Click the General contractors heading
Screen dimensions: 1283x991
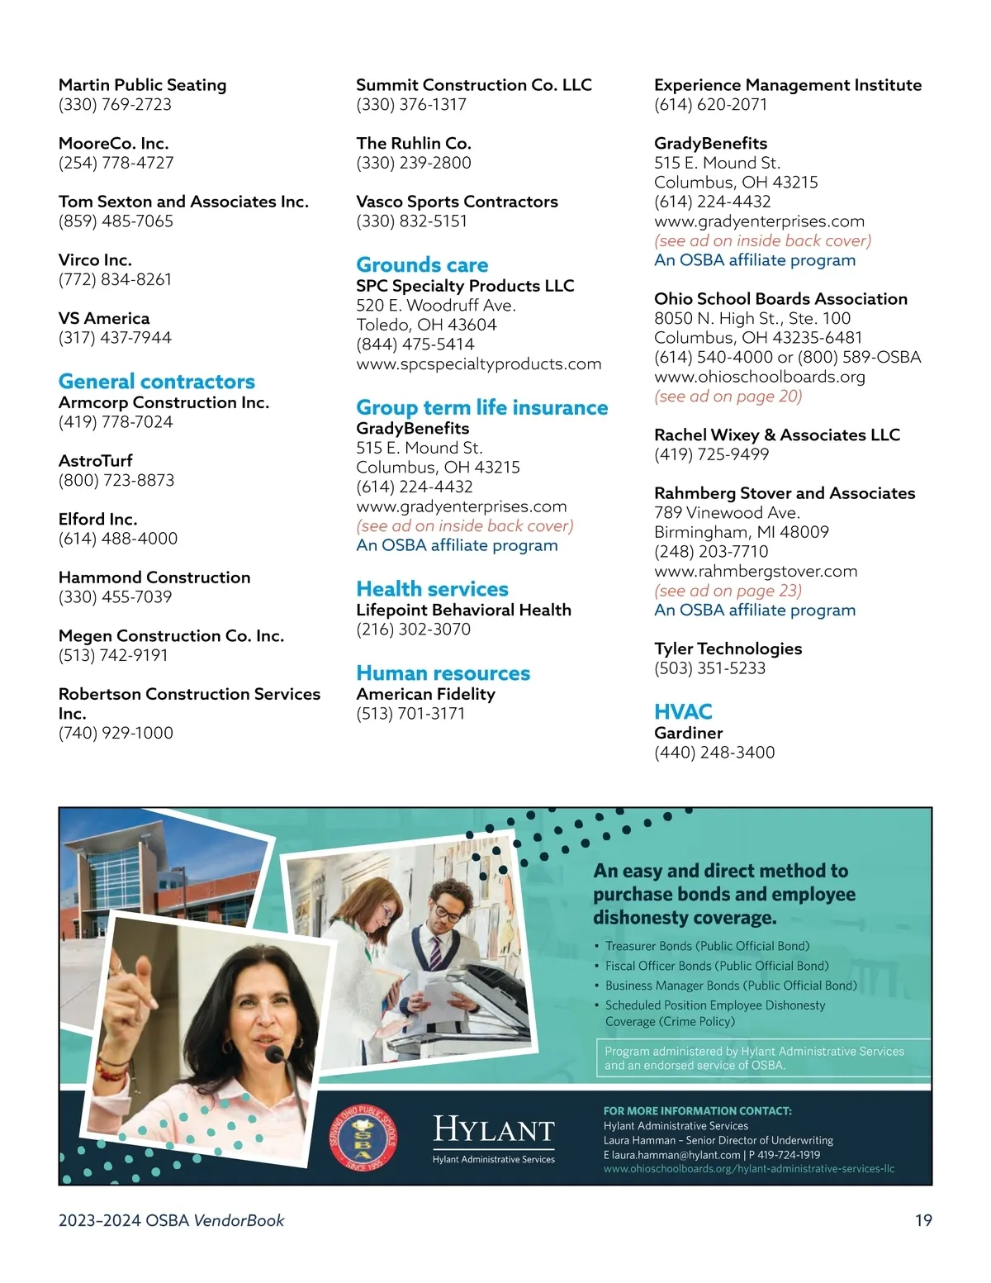156,382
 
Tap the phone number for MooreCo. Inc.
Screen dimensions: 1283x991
116,163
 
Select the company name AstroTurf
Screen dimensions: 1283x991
95,461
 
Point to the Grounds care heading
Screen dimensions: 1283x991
422,265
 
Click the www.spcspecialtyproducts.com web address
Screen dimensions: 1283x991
478,364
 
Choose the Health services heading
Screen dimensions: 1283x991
432,589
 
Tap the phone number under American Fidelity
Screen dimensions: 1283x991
410,714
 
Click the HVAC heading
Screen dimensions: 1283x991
682,711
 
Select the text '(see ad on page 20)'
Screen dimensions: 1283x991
728,397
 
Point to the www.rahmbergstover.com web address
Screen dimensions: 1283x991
755,572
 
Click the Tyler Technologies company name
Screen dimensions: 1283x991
728,649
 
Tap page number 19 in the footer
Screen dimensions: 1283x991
923,1220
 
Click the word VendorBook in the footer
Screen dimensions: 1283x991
239,1220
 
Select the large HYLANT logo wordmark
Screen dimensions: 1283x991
493,1129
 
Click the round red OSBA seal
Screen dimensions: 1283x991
363,1140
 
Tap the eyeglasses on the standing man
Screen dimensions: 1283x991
447,910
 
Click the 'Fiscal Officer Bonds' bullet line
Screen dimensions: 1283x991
716,966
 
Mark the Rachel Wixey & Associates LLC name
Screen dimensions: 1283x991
776,435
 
